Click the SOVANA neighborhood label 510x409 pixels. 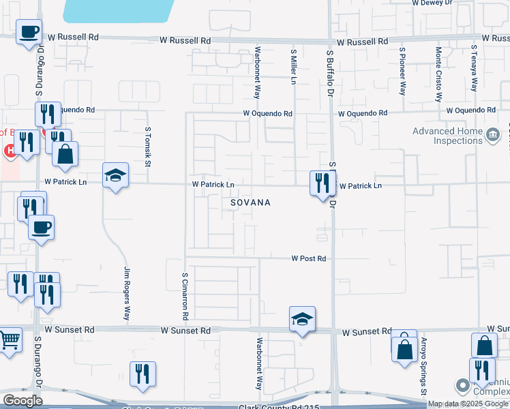(250, 203)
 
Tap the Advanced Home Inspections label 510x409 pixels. (447, 136)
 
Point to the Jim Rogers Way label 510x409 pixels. (126, 293)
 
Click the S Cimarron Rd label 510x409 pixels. (185, 297)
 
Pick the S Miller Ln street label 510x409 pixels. (295, 67)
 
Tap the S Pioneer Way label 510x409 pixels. (404, 72)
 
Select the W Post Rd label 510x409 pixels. (309, 259)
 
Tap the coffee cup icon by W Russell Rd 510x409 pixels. (29, 32)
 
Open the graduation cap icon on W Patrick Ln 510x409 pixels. (115, 176)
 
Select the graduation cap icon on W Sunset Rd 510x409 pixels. (302, 319)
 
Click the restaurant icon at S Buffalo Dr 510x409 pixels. (322, 183)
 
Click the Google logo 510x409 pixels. (22, 401)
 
